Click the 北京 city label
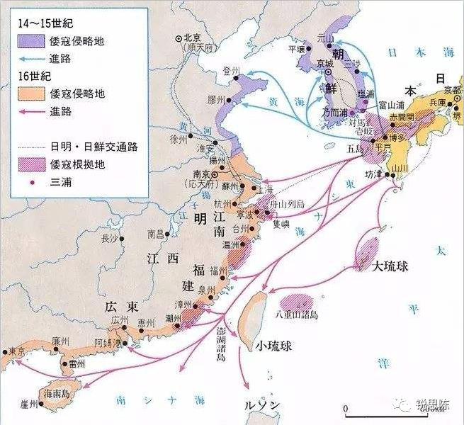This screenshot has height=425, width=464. [x=193, y=38]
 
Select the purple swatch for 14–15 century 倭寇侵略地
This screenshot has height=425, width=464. [x=31, y=41]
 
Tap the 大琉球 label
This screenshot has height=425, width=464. [x=394, y=266]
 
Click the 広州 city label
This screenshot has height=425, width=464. [x=119, y=321]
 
